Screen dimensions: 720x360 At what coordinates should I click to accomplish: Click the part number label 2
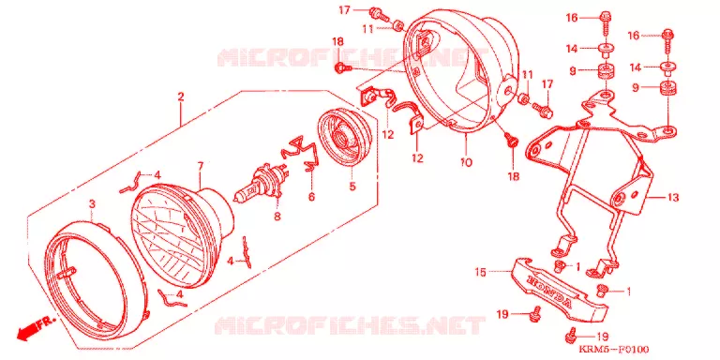click(x=181, y=97)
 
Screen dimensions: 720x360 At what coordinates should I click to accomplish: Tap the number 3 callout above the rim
click(x=92, y=204)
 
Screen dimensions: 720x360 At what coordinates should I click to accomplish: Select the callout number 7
click(x=201, y=166)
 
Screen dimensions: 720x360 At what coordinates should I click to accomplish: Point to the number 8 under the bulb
click(x=277, y=216)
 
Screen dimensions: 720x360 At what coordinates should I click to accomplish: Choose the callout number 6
click(x=311, y=197)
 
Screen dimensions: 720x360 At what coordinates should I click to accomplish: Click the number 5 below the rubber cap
click(x=352, y=187)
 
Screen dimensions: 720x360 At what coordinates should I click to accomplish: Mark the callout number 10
click(x=466, y=162)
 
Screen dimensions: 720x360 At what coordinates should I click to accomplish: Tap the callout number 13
click(x=673, y=198)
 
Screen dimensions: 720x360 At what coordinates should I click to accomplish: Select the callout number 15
click(x=480, y=272)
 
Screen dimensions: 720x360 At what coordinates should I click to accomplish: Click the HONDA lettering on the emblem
click(x=551, y=292)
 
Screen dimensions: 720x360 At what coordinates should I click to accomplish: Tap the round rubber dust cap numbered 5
click(x=345, y=134)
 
